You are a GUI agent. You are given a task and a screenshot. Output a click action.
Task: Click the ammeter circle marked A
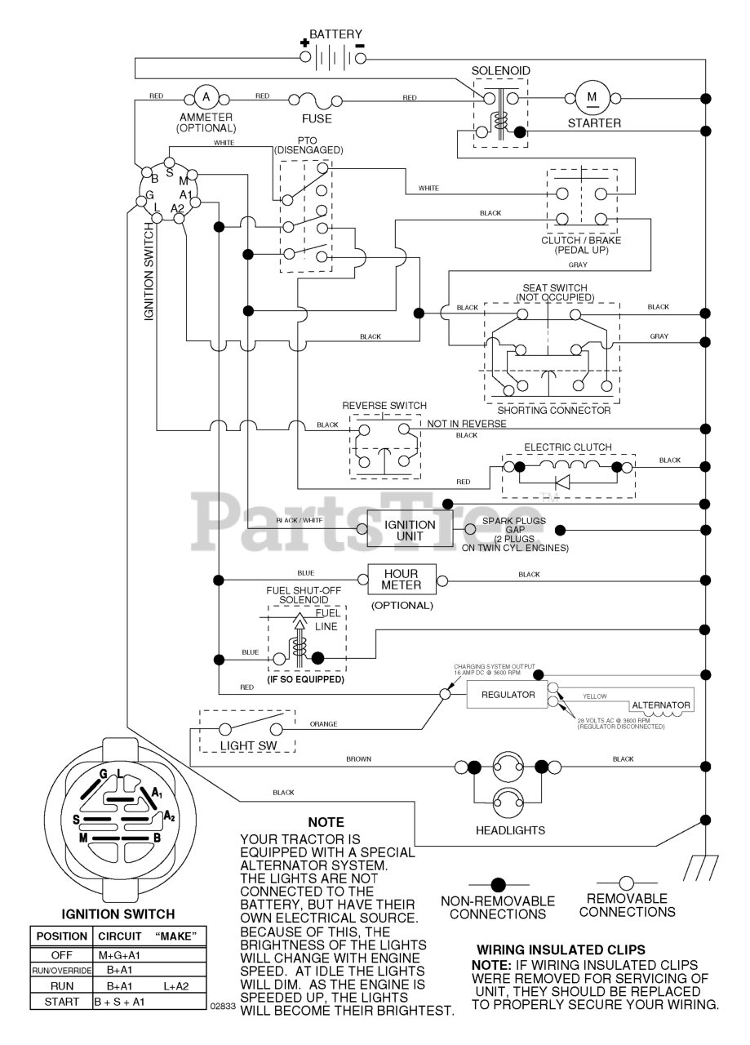[x=206, y=97]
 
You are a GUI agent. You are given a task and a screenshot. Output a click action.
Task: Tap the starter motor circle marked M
[x=592, y=97]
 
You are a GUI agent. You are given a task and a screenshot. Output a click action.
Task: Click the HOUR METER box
[x=402, y=580]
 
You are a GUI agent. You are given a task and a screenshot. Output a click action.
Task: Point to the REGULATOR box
[x=508, y=695]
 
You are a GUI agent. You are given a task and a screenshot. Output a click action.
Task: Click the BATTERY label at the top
[x=335, y=34]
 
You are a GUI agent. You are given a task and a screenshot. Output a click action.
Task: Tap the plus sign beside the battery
[x=304, y=43]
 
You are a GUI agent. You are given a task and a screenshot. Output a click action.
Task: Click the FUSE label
[x=317, y=119]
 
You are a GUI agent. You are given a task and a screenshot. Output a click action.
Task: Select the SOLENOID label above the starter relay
[x=500, y=71]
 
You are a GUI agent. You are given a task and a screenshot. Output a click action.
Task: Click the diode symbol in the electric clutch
[x=563, y=482]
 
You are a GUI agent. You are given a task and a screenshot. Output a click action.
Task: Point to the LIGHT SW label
[x=249, y=746]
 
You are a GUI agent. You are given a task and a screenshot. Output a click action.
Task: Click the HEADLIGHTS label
[x=510, y=830]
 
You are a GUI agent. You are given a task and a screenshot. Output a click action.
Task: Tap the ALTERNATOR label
[x=661, y=705]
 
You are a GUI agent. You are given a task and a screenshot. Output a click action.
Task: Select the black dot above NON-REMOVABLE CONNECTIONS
[x=498, y=884]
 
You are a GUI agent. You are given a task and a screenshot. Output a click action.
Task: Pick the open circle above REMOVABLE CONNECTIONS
[x=626, y=883]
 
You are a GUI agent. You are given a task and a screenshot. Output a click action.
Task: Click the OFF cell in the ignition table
[x=61, y=955]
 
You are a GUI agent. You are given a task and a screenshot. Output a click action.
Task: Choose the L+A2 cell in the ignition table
[x=175, y=986]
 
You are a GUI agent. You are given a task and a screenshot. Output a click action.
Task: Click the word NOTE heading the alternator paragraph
[x=326, y=822]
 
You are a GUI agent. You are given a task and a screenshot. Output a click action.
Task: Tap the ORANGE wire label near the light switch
[x=323, y=724]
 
